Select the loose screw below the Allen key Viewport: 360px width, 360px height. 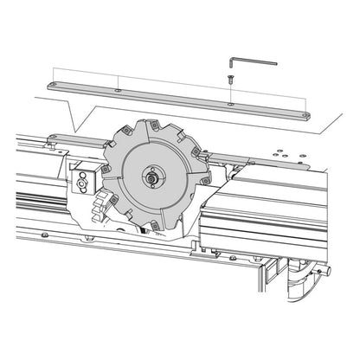pyautogui.click(x=231, y=78)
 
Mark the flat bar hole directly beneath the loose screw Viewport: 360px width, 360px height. pyautogui.click(x=230, y=104)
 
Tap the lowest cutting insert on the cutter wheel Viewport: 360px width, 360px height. pyautogui.click(x=154, y=228)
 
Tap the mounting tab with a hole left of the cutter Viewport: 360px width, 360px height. pyautogui.click(x=53, y=138)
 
